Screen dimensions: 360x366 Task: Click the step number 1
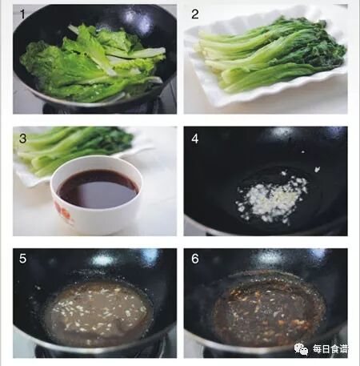pos(22,14)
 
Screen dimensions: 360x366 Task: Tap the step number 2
pos(195,14)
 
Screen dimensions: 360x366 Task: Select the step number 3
pos(22,139)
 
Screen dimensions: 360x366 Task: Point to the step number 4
pos(195,139)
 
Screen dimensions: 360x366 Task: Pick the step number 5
pos(22,259)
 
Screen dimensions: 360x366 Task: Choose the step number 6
pos(195,259)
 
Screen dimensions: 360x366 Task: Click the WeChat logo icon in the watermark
pos(301,349)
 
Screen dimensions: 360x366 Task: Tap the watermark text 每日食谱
pos(330,349)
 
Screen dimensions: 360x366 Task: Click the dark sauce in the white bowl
pos(98,189)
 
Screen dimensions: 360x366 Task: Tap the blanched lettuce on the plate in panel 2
pos(270,54)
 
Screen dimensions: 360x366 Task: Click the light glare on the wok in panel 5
pos(102,259)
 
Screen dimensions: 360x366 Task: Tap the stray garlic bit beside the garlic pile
pos(317,169)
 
